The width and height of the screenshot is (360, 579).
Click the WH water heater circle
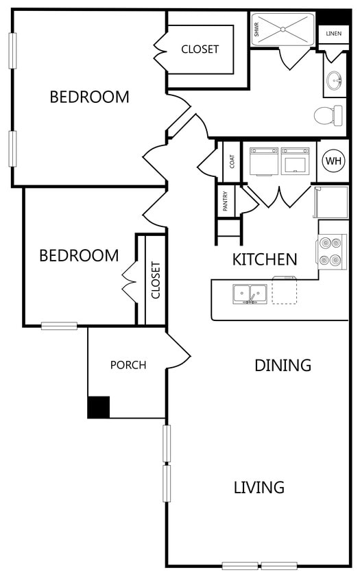pos(333,161)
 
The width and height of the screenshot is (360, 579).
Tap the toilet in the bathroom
pos(328,115)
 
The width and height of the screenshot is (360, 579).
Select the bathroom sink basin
pos(334,80)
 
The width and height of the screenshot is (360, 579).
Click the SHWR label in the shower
pos(256,29)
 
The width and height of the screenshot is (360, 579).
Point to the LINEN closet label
pos(333,34)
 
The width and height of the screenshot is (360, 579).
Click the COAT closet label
pos(232,161)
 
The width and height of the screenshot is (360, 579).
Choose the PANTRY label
pos(225,201)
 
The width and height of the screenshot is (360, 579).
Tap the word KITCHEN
pos(265,259)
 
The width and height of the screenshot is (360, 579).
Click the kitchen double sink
pos(250,294)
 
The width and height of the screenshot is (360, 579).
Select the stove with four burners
pos(331,252)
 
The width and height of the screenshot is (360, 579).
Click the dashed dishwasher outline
pos(285,291)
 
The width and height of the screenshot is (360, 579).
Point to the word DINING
pos(283,365)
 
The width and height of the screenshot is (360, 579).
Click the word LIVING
pos(259,488)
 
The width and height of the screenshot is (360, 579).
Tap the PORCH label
pos(128,365)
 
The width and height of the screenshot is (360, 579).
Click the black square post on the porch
pos(99,407)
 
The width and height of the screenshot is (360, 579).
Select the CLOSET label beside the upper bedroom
pos(200,49)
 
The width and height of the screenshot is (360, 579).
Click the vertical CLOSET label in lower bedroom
pos(156,280)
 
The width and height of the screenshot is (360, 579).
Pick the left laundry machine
pos(263,161)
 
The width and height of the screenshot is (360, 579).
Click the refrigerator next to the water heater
pos(331,202)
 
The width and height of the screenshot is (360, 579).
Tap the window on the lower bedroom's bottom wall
pos(59,326)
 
